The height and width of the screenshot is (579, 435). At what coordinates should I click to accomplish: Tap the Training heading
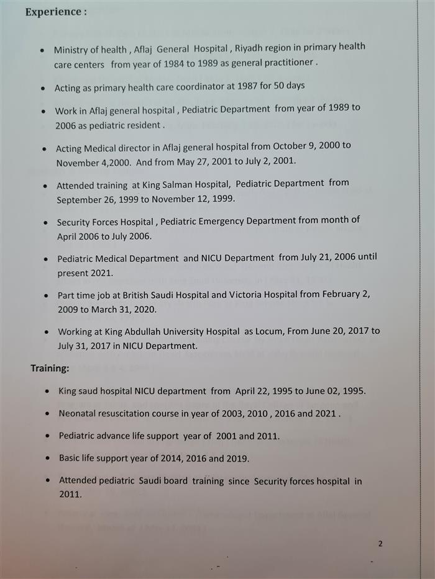[50, 369]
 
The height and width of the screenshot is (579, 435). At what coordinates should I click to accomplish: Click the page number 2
[380, 544]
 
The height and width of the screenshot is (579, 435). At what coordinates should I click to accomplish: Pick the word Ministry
[71, 50]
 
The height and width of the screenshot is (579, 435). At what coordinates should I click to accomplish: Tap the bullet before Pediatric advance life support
[48, 436]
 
